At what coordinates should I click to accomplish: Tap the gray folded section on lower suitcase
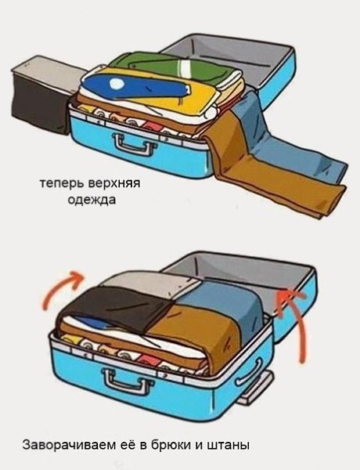(x=133, y=280)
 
